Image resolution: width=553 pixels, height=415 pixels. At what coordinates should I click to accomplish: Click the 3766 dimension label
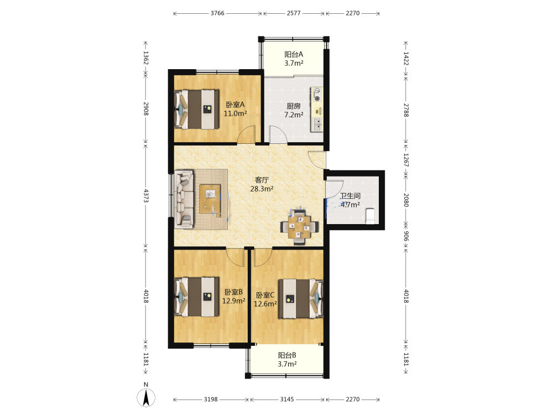tap(217, 13)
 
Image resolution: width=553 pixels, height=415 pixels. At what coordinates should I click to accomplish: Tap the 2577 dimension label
tap(294, 13)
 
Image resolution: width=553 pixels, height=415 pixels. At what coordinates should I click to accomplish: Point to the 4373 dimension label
tap(146, 195)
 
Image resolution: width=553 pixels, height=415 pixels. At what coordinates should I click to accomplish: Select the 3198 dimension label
tap(211, 399)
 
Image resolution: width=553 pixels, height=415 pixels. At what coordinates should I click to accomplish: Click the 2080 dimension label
tap(406, 200)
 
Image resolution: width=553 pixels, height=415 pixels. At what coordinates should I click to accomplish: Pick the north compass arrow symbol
tap(146, 397)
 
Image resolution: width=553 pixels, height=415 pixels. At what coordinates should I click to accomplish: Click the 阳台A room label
tap(294, 54)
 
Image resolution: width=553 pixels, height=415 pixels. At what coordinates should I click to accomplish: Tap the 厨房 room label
tap(294, 106)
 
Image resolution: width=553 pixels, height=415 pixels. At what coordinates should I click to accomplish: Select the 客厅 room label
tap(262, 180)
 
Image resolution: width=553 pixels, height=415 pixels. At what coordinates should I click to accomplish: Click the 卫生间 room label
tap(350, 196)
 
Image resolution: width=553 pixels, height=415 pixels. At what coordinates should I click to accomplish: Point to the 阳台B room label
tap(287, 355)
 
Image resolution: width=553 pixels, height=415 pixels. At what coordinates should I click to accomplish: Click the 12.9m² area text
tap(233, 301)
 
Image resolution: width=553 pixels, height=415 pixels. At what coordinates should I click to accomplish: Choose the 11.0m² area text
tap(235, 113)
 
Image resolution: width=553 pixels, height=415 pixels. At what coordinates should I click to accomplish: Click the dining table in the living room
tap(300, 226)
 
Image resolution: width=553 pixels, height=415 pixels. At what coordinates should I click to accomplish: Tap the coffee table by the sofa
tap(210, 199)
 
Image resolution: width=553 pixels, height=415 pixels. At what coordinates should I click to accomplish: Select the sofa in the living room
tap(184, 199)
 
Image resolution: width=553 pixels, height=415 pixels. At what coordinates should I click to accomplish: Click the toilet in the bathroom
tap(370, 216)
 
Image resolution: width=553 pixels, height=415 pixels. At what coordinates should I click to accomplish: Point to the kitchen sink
tap(317, 124)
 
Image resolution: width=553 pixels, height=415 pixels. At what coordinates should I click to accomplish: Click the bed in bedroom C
tap(300, 299)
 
